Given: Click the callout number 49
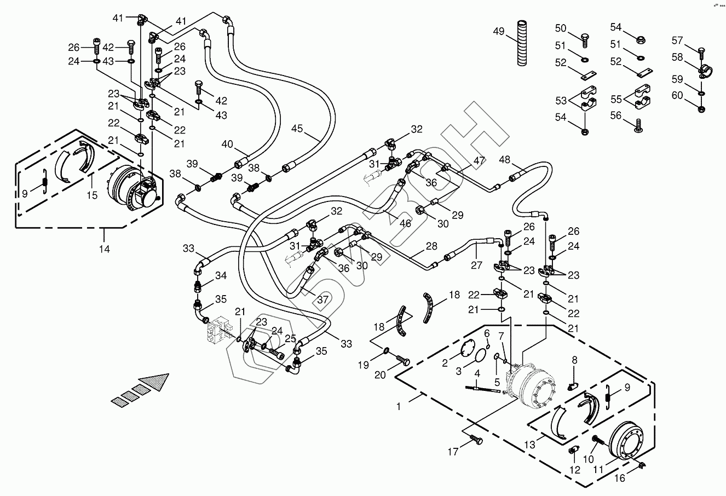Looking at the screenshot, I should click(498, 31).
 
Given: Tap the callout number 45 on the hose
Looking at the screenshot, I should click(297, 129).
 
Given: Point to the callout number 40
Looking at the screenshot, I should click(227, 145).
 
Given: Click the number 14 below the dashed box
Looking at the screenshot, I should click(104, 249).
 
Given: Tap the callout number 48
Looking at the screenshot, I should click(504, 160).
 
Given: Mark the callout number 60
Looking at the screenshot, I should click(677, 96).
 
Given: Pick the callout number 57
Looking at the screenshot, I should click(677, 40).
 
